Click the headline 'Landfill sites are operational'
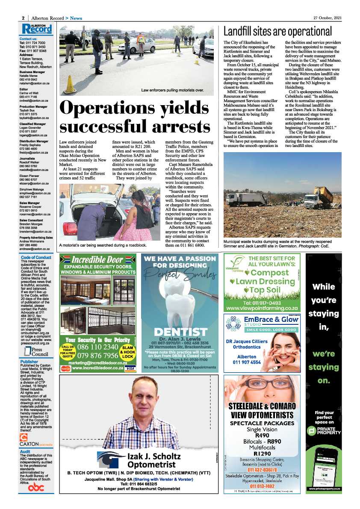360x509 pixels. coord(277,32)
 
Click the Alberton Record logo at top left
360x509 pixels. coord(38,29)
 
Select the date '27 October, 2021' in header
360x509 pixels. coord(325,18)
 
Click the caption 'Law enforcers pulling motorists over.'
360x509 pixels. coord(172,91)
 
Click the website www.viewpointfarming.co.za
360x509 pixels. coord(262,307)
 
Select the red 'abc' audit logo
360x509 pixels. coord(36,487)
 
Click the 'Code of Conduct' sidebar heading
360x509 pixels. coord(36,257)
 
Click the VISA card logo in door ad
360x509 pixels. coord(130,368)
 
